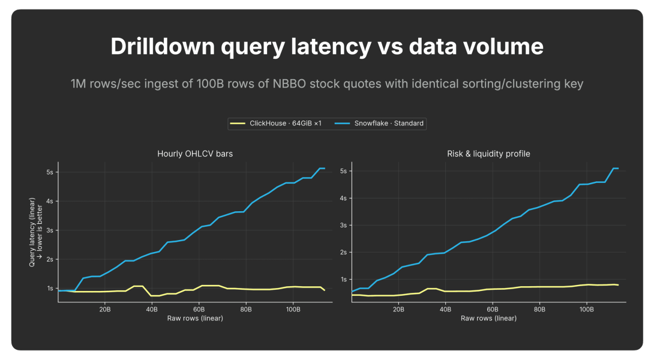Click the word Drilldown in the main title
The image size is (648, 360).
(163, 46)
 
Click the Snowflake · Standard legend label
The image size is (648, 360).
(389, 123)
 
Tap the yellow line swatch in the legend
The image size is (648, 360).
(238, 123)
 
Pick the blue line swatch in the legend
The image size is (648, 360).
(342, 123)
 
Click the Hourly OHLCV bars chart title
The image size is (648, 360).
(195, 154)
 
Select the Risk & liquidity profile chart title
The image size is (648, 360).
(488, 154)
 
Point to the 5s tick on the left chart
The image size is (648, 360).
(50, 172)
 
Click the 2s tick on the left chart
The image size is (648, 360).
(50, 259)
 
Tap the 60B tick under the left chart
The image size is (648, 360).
(199, 309)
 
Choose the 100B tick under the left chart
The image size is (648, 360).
(293, 309)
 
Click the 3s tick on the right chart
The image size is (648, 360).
(343, 225)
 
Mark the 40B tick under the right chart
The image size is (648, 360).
(445, 309)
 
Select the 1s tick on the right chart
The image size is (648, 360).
(343, 280)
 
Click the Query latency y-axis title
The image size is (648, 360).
(35, 232)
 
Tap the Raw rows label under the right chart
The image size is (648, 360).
(488, 318)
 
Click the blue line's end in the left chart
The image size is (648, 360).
(325, 168)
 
